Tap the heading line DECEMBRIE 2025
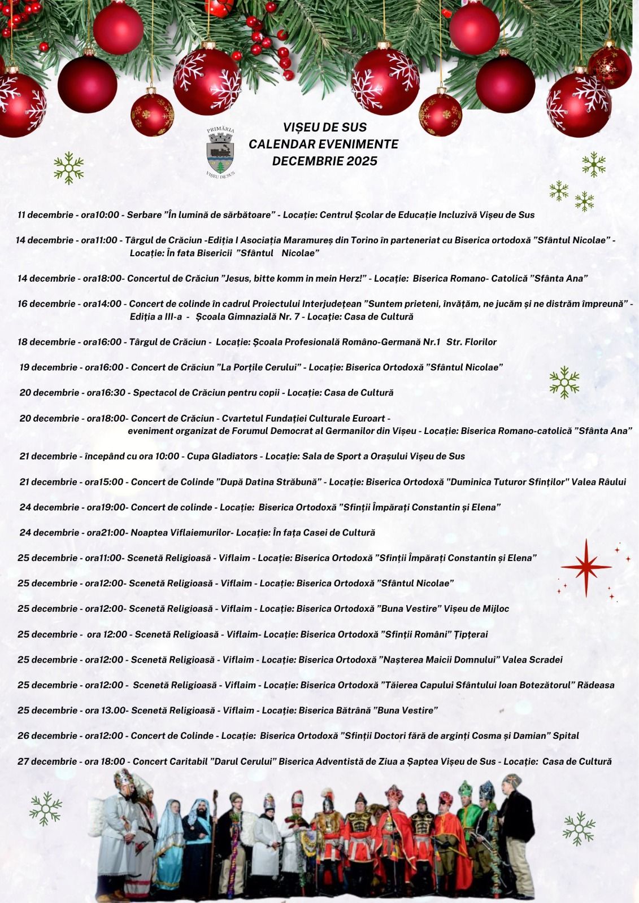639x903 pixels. (x=324, y=161)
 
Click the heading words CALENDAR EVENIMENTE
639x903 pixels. (x=323, y=144)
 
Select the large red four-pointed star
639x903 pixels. (x=586, y=567)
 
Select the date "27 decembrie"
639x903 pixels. (x=47, y=761)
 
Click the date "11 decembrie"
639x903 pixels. (x=45, y=214)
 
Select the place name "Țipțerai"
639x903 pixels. (x=471, y=634)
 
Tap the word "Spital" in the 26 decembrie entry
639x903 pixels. (x=566, y=736)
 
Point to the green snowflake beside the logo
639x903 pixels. (x=69, y=168)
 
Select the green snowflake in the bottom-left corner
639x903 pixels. (x=46, y=808)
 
